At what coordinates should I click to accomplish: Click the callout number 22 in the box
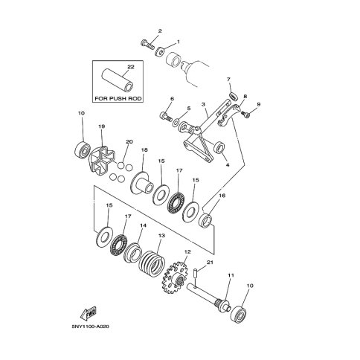[x=131, y=67]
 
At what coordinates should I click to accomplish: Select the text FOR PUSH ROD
[x=118, y=99]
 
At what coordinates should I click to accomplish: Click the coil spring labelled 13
[x=152, y=263]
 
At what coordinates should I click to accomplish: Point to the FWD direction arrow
[x=89, y=314]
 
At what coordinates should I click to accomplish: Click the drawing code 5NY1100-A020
[x=91, y=327]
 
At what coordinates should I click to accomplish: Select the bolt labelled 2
[x=147, y=45]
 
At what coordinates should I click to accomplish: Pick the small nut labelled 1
[x=160, y=51]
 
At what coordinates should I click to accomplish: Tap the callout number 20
[x=129, y=142]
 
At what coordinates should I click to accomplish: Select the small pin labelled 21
[x=195, y=274]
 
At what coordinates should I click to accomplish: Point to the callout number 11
[x=231, y=275]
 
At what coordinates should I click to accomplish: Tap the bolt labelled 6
[x=166, y=116]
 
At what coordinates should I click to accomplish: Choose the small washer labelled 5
[x=176, y=122]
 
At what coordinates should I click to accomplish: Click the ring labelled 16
[x=206, y=220]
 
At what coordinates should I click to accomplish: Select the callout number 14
[x=143, y=225]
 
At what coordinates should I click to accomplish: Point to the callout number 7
[x=228, y=80]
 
